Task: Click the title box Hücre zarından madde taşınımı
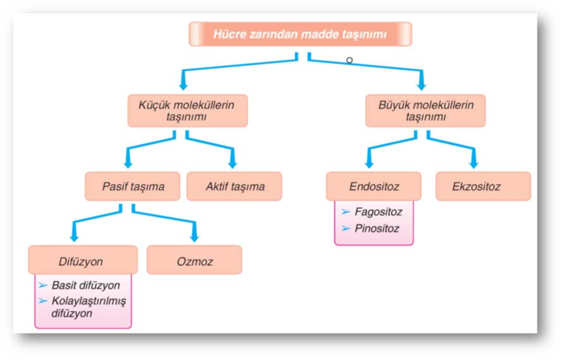click(x=300, y=34)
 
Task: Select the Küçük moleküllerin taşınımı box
click(x=188, y=111)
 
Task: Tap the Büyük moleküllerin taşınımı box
click(x=426, y=111)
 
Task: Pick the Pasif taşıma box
click(x=133, y=187)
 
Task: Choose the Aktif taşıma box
click(x=235, y=187)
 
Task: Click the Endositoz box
click(x=374, y=187)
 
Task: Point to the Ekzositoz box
click(x=483, y=187)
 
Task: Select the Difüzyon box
click(x=83, y=260)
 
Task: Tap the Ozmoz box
click(x=195, y=260)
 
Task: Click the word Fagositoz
click(x=378, y=212)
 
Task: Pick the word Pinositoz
click(x=377, y=228)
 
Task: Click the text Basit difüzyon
click(x=85, y=285)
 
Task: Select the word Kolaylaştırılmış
click(x=89, y=301)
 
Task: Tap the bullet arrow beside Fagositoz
click(x=346, y=212)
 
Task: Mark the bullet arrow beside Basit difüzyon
click(x=43, y=285)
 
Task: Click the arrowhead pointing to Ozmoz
click(x=195, y=237)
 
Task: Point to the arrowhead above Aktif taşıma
click(x=233, y=163)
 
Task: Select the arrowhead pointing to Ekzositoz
click(x=474, y=163)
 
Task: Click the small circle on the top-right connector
click(x=349, y=60)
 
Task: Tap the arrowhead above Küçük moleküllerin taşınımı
click(x=183, y=85)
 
